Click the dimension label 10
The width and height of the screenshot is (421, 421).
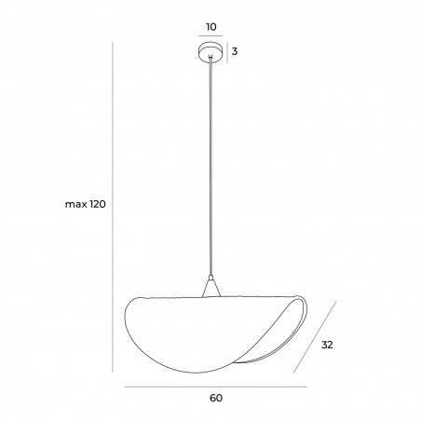coord(211,27)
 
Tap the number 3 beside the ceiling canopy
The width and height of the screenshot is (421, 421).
coord(235,51)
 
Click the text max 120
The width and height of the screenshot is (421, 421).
coord(86,204)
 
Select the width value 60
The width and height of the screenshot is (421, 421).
coord(216,398)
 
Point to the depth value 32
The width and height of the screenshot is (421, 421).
coord(327,345)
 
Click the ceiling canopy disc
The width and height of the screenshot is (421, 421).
coord(210,52)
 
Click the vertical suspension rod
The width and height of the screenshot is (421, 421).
coord(211,167)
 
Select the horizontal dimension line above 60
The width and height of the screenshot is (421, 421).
coord(216,387)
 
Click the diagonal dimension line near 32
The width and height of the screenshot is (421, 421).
coord(315,336)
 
